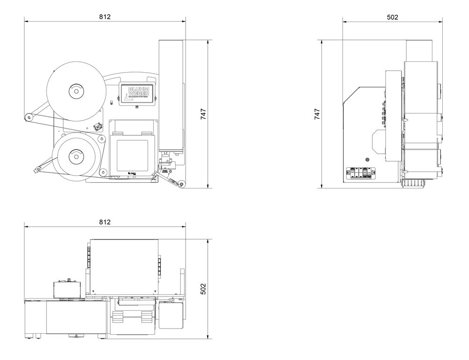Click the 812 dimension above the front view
(105, 16)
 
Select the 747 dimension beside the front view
(204, 114)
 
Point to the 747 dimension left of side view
(317, 114)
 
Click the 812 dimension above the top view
(105, 222)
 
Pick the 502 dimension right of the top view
(204, 289)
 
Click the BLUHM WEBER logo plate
(136, 93)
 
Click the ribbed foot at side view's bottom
(414, 184)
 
